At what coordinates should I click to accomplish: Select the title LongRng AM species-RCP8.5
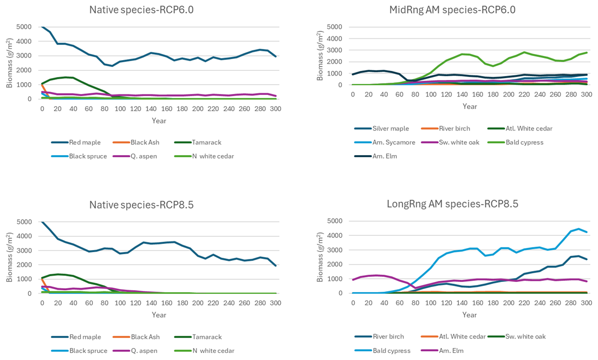click(x=452, y=204)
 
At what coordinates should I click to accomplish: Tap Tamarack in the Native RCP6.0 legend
click(x=207, y=142)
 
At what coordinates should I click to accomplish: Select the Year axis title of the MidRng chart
click(x=469, y=106)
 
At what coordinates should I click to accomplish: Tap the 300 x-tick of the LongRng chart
click(x=586, y=304)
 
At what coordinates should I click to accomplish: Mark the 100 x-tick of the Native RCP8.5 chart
click(x=120, y=304)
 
